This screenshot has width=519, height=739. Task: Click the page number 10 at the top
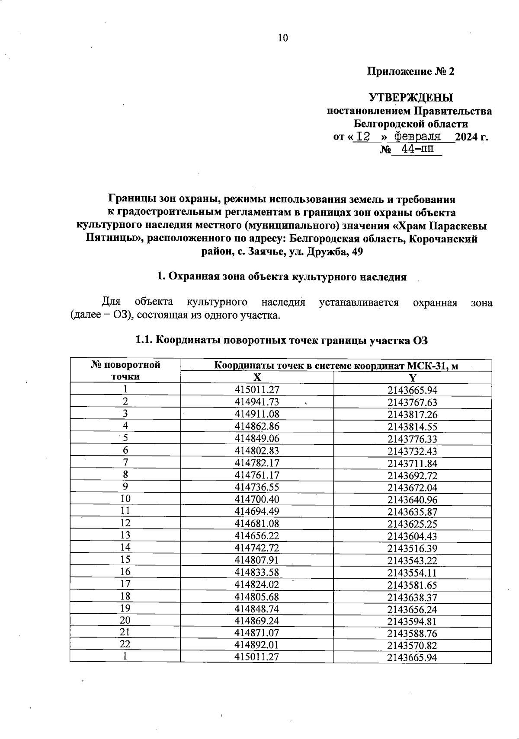pyautogui.click(x=282, y=38)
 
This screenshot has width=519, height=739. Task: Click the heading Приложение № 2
pyautogui.click(x=410, y=72)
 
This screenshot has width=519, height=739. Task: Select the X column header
pyautogui.click(x=257, y=377)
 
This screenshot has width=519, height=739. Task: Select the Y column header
pyautogui.click(x=412, y=377)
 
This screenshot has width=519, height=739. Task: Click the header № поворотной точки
pyautogui.click(x=125, y=370)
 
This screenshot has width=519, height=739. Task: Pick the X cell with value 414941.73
pyautogui.click(x=257, y=402)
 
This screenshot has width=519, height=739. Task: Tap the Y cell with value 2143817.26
pyautogui.click(x=412, y=414)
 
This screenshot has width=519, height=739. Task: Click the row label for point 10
pyautogui.click(x=125, y=498)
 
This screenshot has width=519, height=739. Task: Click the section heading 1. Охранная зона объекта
pyautogui.click(x=282, y=277)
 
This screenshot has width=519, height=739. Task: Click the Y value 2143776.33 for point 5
pyautogui.click(x=412, y=439)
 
